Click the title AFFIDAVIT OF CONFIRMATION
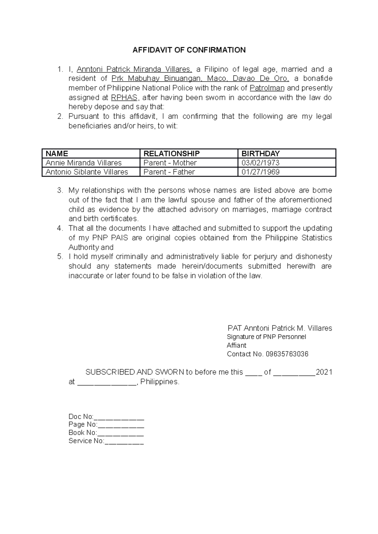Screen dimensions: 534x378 point(189,50)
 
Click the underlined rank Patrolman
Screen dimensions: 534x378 point(267,88)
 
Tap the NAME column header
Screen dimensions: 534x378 point(57,153)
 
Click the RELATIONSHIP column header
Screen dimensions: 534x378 point(171,153)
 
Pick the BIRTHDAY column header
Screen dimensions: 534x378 point(260,153)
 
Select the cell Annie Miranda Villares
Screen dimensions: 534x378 point(83,163)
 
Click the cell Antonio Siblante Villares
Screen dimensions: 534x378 point(87,172)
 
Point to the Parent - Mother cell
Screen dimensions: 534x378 point(170,163)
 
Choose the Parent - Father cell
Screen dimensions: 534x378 point(169,172)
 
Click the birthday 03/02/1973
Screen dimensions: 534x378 point(260,163)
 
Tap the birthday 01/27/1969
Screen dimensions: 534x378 point(260,172)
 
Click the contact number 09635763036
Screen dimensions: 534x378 point(287,354)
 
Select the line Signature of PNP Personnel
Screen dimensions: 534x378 point(266,337)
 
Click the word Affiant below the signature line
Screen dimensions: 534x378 point(236,345)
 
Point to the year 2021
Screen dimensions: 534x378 point(324,372)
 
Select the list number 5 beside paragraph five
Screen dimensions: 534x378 point(60,257)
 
